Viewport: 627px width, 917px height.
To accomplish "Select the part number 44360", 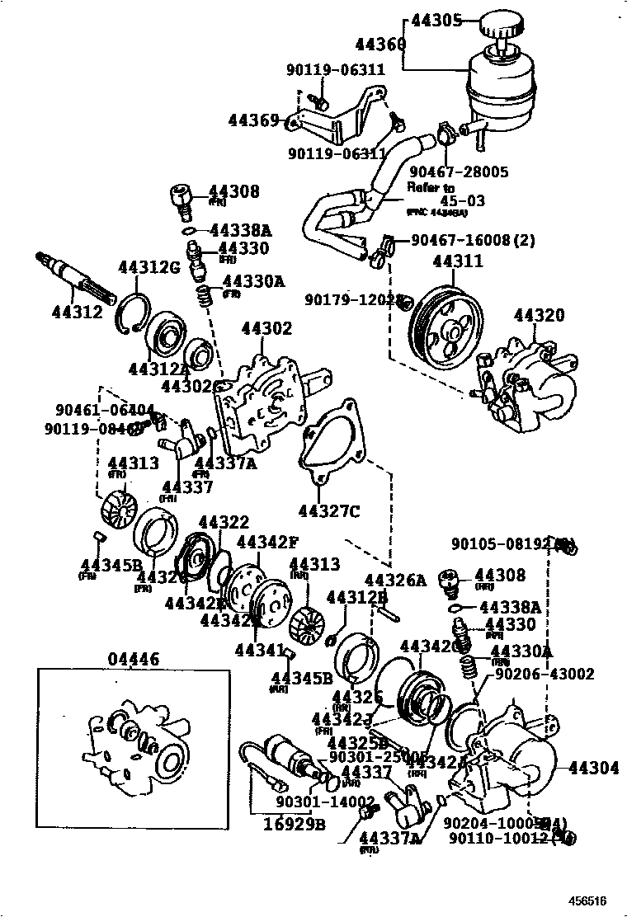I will pos(380,44).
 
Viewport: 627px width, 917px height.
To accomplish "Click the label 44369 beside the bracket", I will pos(254,121).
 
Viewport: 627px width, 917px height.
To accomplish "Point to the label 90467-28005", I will pos(459,172).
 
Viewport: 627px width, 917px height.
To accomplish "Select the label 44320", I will pos(539,315).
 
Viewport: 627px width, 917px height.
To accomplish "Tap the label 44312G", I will pos(148,266).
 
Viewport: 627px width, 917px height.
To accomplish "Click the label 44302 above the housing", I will pos(266,329).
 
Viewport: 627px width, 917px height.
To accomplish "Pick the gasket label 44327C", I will pos(329,511).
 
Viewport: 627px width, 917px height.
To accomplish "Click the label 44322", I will pos(224,522).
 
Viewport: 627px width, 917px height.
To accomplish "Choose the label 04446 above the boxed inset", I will pos(134,658).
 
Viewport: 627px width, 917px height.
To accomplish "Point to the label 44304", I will pos(593,768).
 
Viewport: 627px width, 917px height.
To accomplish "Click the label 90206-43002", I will pos(544,674).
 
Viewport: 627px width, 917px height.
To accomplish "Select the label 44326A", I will pos(395,581).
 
